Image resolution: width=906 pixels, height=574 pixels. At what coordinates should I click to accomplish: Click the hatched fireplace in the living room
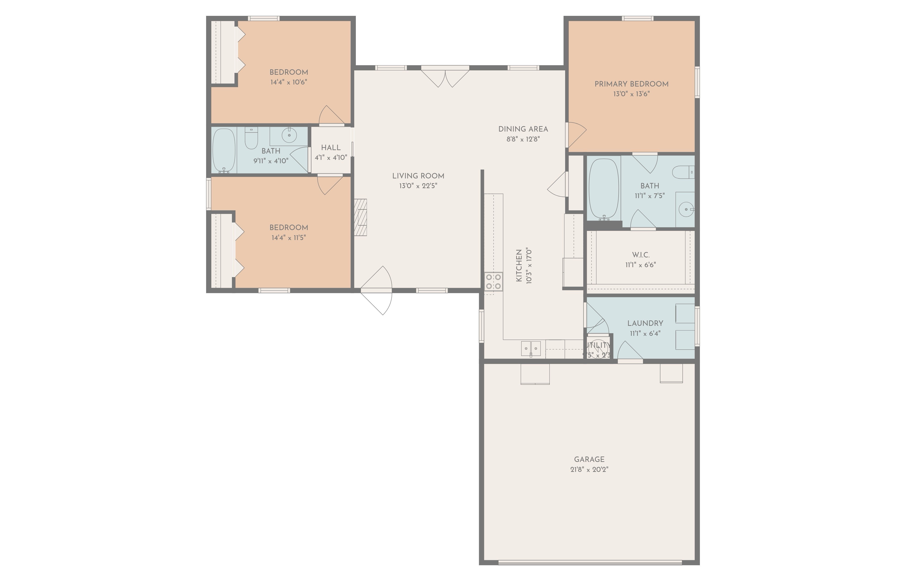coord(360,217)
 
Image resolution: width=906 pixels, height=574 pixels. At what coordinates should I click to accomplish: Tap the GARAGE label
coord(589,459)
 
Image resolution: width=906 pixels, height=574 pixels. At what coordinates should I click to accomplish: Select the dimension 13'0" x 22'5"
coord(418,186)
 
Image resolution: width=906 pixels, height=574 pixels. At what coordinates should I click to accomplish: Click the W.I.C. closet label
coord(640,255)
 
